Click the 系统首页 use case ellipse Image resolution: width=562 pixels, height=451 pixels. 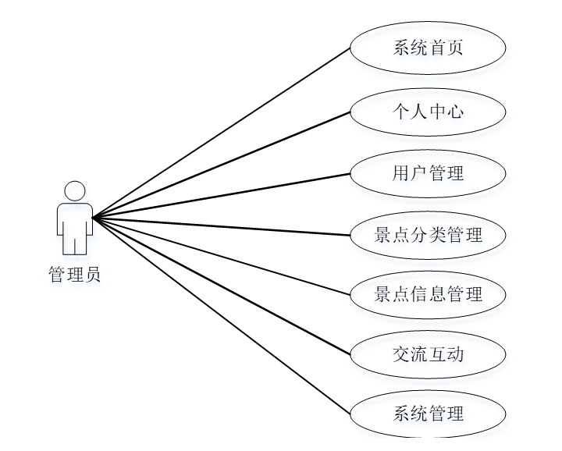click(x=428, y=48)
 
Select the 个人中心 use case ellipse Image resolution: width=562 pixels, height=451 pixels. click(x=428, y=111)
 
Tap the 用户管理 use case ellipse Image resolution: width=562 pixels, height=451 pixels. click(x=428, y=172)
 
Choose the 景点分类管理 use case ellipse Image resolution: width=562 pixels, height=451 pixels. click(x=428, y=233)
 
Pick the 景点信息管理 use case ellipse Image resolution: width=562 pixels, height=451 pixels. click(x=428, y=294)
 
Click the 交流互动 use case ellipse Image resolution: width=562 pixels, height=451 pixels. click(x=428, y=355)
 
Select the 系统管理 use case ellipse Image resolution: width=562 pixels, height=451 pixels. click(x=428, y=413)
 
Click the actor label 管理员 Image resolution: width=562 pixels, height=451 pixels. click(x=75, y=275)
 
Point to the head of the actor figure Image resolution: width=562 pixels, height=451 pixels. click(x=75, y=191)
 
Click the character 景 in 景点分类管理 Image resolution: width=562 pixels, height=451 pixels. click(x=383, y=233)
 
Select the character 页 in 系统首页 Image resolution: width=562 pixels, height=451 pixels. click(x=455, y=48)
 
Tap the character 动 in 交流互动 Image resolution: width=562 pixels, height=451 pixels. click(x=455, y=355)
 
